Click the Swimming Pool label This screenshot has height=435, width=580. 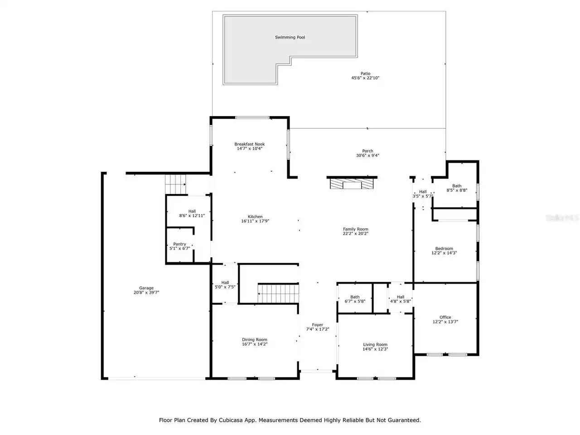(x=290, y=37)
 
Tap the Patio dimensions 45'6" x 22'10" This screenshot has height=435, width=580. (x=365, y=78)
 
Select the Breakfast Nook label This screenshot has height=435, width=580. (x=249, y=144)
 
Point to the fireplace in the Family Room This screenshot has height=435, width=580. (x=352, y=184)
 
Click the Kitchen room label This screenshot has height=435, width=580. (x=255, y=217)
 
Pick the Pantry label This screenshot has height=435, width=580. (x=179, y=244)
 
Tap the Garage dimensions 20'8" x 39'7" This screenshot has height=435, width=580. (x=146, y=292)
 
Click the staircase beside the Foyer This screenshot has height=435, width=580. (x=278, y=293)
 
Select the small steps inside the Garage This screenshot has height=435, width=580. (x=175, y=184)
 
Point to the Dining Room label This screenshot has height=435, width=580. (x=254, y=340)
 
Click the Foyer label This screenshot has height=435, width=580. (x=317, y=325)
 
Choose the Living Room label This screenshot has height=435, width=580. (x=375, y=344)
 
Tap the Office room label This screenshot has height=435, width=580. (x=445, y=317)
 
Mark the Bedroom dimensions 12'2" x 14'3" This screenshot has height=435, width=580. (x=444, y=253)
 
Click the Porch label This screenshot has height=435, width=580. (x=367, y=151)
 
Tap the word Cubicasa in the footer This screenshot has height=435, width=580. (x=230, y=420)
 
